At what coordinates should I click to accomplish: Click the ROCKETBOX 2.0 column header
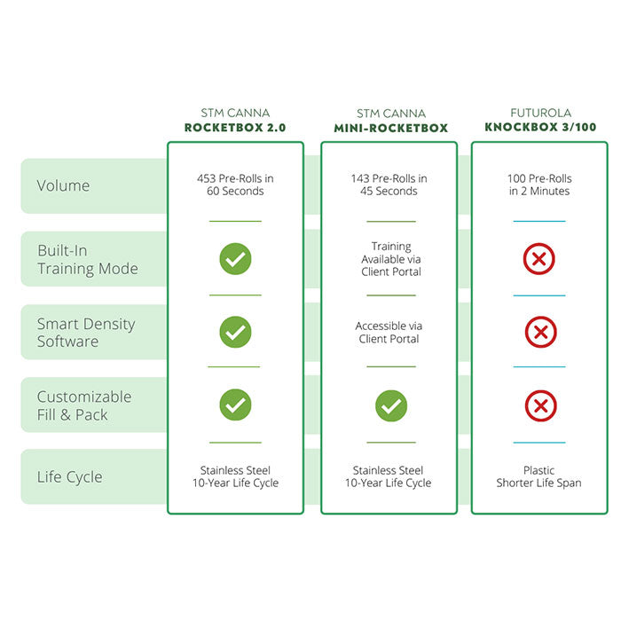pyautogui.click(x=235, y=127)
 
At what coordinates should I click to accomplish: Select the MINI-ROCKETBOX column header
pyautogui.click(x=390, y=127)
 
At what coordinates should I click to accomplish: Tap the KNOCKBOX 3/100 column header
pyautogui.click(x=539, y=127)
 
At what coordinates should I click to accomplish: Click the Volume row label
pyautogui.click(x=63, y=185)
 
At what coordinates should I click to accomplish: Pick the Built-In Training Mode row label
pyautogui.click(x=87, y=260)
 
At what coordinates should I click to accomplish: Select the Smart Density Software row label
pyautogui.click(x=86, y=333)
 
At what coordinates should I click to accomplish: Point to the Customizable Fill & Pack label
pyautogui.click(x=84, y=405)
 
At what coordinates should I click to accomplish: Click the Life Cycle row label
pyautogui.click(x=69, y=477)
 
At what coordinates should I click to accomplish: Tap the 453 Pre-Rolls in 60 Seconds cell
pyautogui.click(x=235, y=185)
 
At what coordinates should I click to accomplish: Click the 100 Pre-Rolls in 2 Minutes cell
pyautogui.click(x=539, y=185)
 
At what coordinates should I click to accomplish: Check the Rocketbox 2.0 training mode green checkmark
pyautogui.click(x=235, y=259)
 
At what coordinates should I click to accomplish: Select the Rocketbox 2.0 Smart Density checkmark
pyautogui.click(x=235, y=332)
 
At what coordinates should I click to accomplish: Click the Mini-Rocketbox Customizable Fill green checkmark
pyautogui.click(x=390, y=406)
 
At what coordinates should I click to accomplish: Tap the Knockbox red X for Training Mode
pyautogui.click(x=539, y=259)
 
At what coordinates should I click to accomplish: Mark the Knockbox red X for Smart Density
pyautogui.click(x=539, y=333)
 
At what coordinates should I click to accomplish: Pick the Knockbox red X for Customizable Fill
pyautogui.click(x=539, y=406)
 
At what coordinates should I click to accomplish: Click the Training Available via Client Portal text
pyautogui.click(x=390, y=259)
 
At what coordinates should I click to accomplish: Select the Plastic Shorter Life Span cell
pyautogui.click(x=539, y=477)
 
